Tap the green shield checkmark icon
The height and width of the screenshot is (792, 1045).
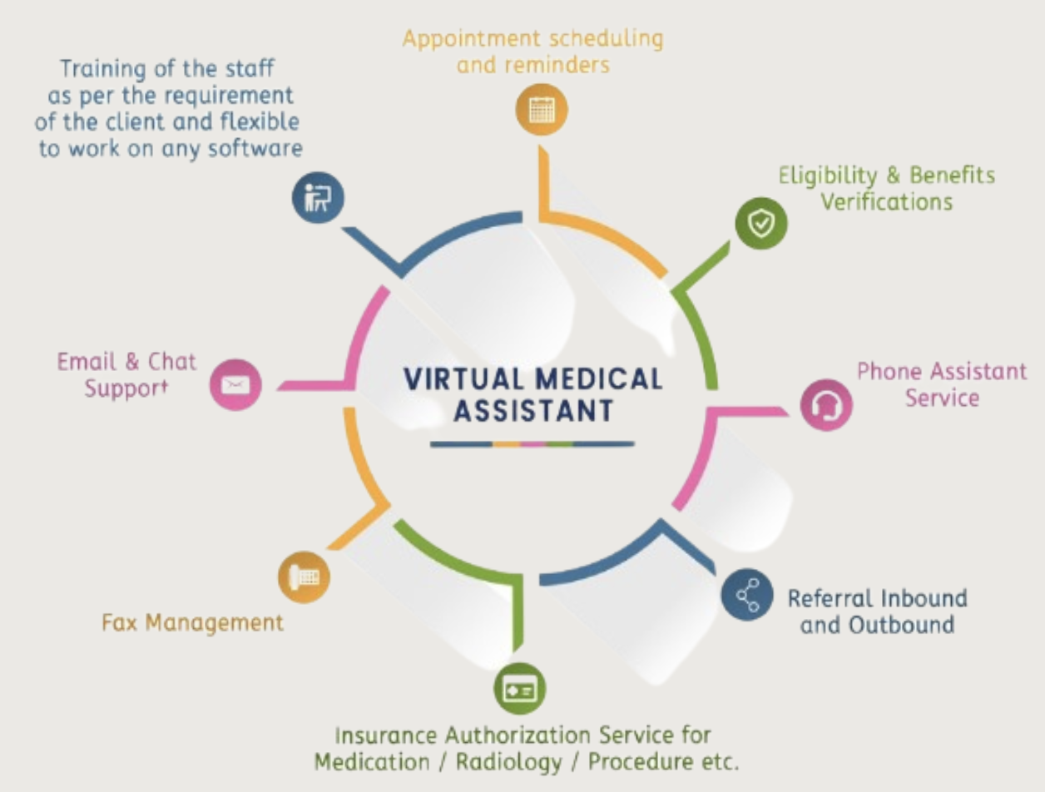point(761,223)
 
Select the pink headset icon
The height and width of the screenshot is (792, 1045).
point(826,405)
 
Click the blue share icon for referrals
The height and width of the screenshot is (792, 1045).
point(747,595)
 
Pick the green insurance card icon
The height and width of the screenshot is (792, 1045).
point(520,688)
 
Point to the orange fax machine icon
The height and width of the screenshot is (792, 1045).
point(304,577)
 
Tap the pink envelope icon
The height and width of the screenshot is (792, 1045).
point(235,384)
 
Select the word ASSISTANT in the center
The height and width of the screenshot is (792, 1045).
point(532,411)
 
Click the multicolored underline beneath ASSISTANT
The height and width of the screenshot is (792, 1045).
point(532,444)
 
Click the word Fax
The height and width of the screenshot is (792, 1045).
point(120,621)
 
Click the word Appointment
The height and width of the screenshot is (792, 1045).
point(468,39)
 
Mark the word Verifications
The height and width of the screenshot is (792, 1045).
point(886,202)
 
